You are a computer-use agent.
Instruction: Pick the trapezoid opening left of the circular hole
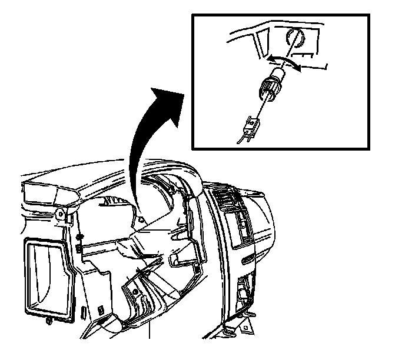(x=263, y=43)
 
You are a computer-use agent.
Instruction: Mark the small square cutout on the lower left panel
(x=101, y=308)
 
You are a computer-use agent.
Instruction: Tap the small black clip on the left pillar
(x=78, y=248)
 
